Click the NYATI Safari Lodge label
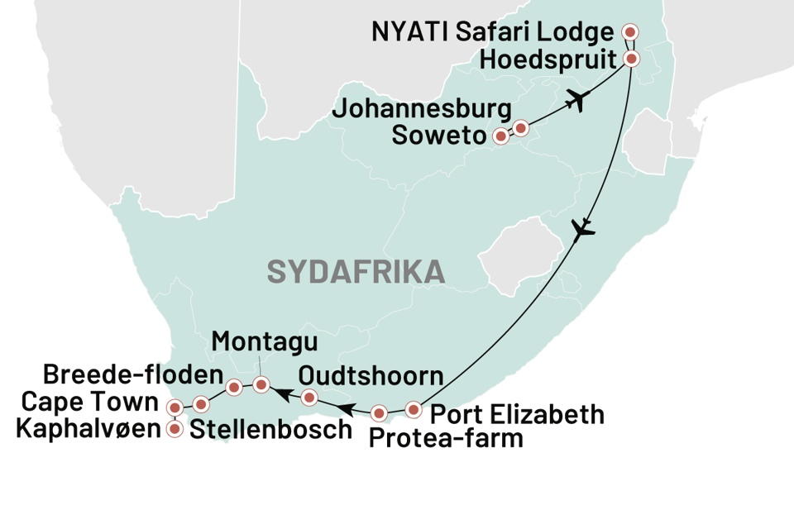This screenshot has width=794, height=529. click(x=493, y=33)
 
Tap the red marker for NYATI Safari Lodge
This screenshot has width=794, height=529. click(x=630, y=32)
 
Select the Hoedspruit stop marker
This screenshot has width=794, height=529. click(x=631, y=59)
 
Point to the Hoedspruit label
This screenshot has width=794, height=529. click(x=547, y=60)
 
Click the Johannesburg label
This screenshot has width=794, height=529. click(x=422, y=109)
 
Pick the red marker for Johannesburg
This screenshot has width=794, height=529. click(x=520, y=128)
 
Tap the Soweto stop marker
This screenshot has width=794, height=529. click(x=500, y=137)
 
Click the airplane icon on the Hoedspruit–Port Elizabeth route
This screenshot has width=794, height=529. click(x=584, y=228)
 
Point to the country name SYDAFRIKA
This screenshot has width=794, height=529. click(x=356, y=271)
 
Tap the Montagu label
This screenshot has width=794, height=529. click(x=252, y=341)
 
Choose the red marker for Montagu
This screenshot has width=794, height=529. click(x=261, y=384)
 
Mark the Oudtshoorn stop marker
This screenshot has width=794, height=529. click(x=309, y=398)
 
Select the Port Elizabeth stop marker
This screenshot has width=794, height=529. click(x=414, y=409)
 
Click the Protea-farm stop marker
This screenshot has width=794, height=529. click(x=379, y=412)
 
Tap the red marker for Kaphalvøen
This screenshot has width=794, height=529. click(x=175, y=430)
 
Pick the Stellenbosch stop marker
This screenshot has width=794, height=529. click(x=201, y=403)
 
